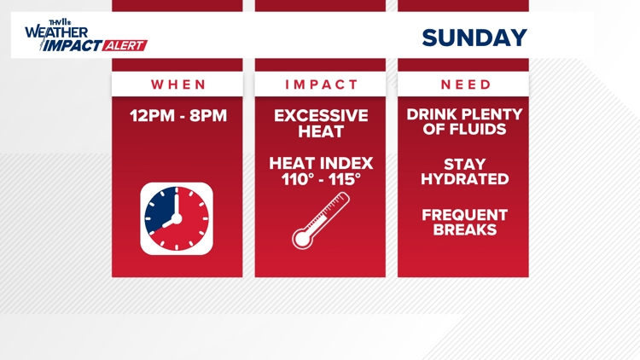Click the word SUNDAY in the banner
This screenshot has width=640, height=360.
click(x=474, y=38)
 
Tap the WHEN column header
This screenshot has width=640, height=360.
click(x=178, y=84)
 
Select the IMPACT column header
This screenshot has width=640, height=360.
click(x=321, y=84)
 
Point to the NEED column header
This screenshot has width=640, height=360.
click(x=466, y=84)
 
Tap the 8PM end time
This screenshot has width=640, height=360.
click(x=209, y=115)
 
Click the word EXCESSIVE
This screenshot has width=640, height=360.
click(x=321, y=115)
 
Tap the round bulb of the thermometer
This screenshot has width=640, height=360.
click(x=301, y=239)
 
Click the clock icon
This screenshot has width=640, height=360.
click(x=177, y=218)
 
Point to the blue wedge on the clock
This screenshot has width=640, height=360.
click(x=162, y=212)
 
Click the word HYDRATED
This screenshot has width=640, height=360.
click(x=465, y=179)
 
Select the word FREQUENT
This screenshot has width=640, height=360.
click(x=465, y=214)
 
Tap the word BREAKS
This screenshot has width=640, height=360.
click(x=465, y=229)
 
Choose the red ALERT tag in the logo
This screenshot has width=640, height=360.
click(x=125, y=46)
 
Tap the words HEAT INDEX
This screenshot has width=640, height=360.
click(x=321, y=163)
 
